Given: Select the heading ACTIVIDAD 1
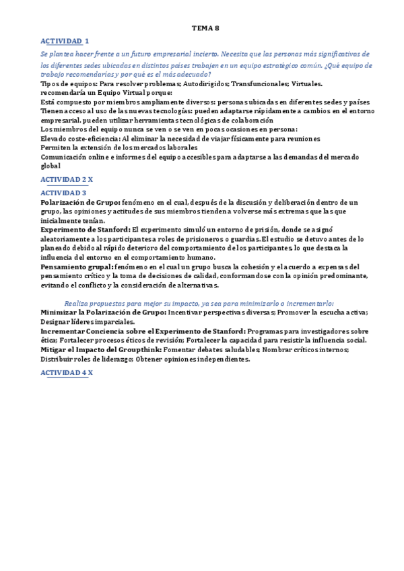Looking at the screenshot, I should pos(65,41).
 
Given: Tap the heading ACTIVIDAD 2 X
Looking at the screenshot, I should pos(67,179).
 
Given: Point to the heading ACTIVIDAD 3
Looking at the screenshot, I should pos(63,193).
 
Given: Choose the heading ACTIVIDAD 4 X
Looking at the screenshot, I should pos(67,372).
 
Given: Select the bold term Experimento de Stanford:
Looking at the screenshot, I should pos(86,230).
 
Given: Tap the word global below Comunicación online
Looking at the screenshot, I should pos(50,166).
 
